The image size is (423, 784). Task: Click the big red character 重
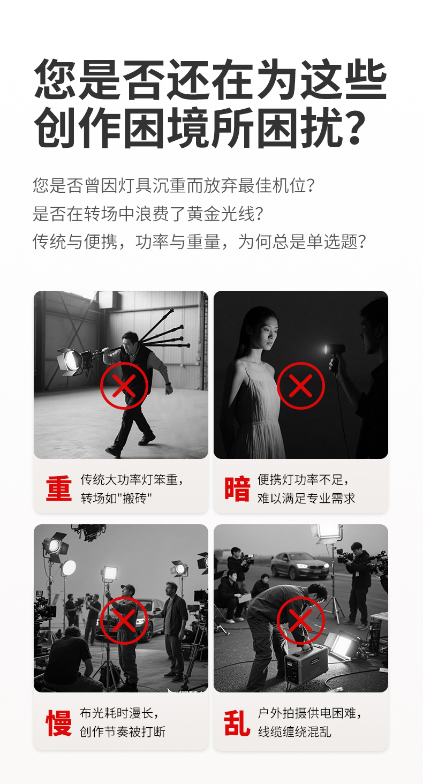[x=58, y=489]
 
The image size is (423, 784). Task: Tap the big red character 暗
[x=237, y=489]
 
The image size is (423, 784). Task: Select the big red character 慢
[x=58, y=723]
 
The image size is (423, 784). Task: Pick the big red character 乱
[x=237, y=723]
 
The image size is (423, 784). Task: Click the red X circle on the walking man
[x=124, y=386]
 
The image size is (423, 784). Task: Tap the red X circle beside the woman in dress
[x=300, y=386]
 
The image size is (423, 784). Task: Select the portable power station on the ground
[x=306, y=662]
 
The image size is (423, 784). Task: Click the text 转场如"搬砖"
[x=116, y=498]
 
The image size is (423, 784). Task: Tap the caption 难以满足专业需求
[x=306, y=498]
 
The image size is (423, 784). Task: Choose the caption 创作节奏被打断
[x=123, y=732]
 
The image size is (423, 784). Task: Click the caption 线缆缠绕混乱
[x=294, y=732]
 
